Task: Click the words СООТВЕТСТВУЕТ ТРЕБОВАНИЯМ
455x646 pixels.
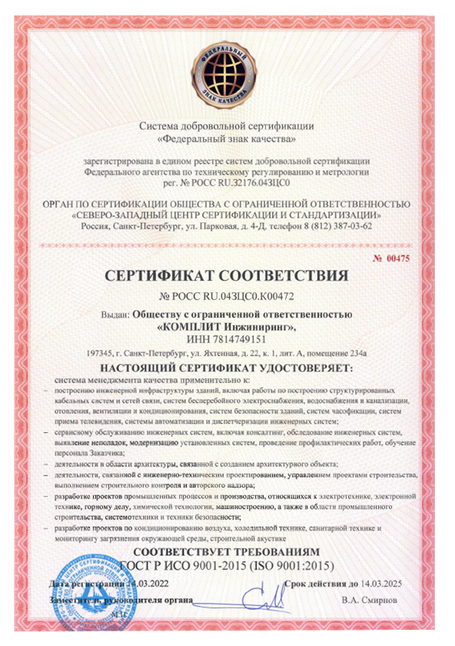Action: click(227, 553)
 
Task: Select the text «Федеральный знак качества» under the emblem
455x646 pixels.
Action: click(227, 139)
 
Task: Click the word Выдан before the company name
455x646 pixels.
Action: click(115, 314)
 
